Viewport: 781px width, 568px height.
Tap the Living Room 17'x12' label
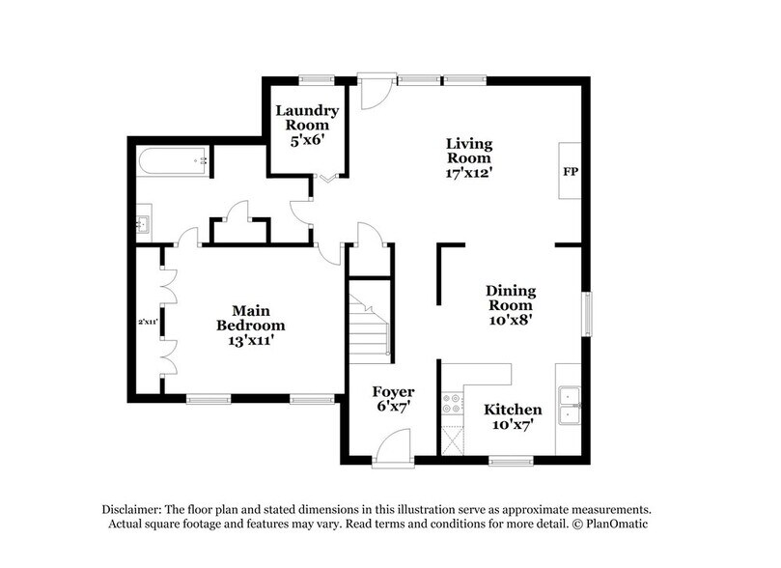468,157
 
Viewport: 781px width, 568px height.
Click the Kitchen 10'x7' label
513,416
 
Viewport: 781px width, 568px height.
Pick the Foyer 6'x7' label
394,399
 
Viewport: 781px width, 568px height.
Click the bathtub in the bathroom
175,161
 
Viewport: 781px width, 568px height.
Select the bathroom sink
143,225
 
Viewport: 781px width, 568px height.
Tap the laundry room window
310,79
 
